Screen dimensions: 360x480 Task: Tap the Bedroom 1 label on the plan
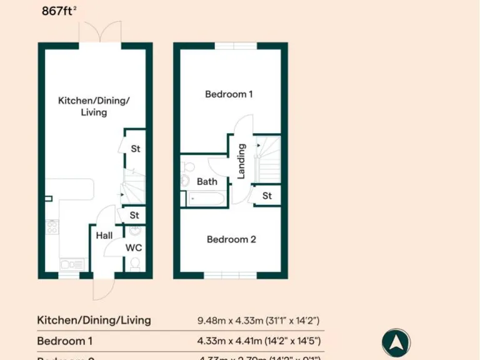click(x=229, y=94)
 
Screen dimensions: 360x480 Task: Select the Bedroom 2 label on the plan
click(x=231, y=239)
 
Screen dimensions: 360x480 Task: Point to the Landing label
click(x=241, y=161)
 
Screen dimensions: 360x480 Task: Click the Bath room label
click(x=207, y=182)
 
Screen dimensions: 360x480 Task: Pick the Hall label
click(x=104, y=236)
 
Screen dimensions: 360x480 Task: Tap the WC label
click(x=134, y=248)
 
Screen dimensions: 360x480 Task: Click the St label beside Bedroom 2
click(x=267, y=196)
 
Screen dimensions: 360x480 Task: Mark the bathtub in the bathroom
click(x=204, y=199)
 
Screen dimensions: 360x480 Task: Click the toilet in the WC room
click(x=134, y=264)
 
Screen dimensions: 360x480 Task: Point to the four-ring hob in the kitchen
click(x=52, y=227)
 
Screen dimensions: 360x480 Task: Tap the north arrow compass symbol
click(x=396, y=343)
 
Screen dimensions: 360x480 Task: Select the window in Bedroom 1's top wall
click(x=236, y=46)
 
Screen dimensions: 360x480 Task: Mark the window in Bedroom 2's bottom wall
click(x=230, y=276)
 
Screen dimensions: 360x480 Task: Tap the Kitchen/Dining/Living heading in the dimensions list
click(x=94, y=321)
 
